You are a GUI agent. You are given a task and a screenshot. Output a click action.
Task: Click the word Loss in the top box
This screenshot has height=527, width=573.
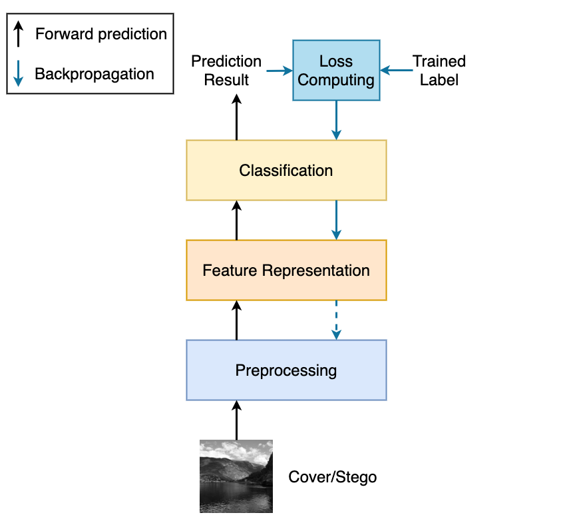point(335,61)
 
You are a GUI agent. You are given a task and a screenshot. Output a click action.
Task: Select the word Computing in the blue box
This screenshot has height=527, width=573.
point(335,80)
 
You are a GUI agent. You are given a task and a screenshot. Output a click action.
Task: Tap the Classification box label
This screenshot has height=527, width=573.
point(286,171)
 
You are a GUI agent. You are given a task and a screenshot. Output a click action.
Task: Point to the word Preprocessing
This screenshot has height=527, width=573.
point(286,370)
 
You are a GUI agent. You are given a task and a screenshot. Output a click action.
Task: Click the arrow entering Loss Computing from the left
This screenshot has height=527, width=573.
point(278,70)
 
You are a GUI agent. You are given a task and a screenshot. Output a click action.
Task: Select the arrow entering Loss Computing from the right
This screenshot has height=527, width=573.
point(397,70)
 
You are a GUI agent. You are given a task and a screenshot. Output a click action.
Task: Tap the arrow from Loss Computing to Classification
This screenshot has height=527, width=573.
point(336,120)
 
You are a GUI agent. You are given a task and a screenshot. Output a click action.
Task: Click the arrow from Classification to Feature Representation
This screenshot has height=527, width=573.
point(336,220)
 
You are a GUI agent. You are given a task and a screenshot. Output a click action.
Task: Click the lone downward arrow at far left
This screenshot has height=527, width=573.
point(19,73)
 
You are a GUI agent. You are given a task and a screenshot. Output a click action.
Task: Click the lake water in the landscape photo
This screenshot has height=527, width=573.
point(233,496)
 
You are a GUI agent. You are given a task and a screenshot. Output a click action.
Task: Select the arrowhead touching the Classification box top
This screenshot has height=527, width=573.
point(336,135)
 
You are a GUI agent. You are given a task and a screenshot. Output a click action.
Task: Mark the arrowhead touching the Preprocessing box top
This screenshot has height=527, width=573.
point(336,335)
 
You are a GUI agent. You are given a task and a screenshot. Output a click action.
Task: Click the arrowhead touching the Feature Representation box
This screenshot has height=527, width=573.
point(336,235)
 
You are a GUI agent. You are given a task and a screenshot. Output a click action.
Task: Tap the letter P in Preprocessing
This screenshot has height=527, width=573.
point(240,370)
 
